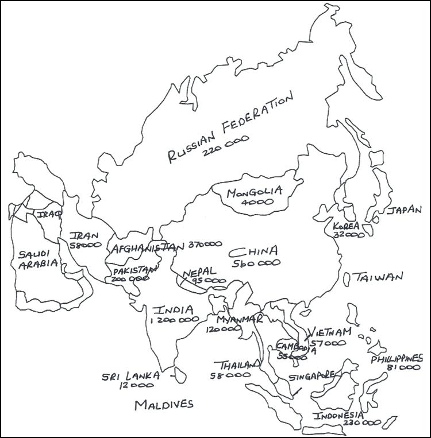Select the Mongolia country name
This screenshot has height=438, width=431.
tap(253, 192)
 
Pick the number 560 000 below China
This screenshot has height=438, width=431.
tap(256, 263)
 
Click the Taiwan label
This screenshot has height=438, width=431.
tap(378, 277)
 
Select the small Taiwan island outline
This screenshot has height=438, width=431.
tap(347, 279)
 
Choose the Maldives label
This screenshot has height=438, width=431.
tap(164, 405)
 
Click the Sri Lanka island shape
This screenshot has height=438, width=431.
tap(179, 375)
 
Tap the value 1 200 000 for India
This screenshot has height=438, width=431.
tap(174, 321)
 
